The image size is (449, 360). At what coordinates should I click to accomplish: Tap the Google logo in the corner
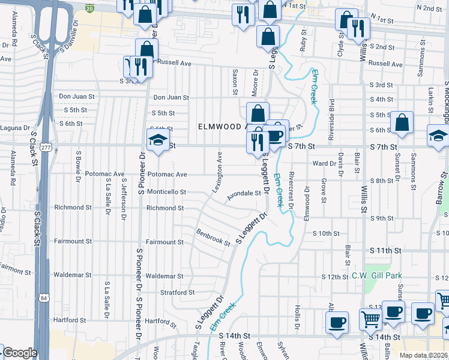coord(20,353)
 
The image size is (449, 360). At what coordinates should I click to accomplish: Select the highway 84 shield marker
coord(44,298)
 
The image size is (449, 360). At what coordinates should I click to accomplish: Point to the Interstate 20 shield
coord(89,8)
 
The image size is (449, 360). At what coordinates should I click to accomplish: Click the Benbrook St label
coord(213,238)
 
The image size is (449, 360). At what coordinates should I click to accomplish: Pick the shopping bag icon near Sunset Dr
coord(402,124)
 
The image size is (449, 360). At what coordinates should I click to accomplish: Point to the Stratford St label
coord(173,293)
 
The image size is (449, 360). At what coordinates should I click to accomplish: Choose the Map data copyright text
coord(423,355)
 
